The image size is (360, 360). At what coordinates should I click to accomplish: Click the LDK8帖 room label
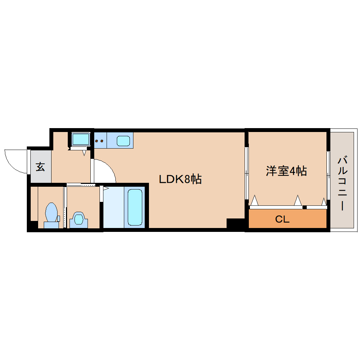pos(180,179)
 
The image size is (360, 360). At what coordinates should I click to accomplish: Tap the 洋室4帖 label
pos(286,171)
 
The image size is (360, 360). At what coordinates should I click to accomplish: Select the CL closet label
pos(282,219)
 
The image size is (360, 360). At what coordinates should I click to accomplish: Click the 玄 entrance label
pos(40,167)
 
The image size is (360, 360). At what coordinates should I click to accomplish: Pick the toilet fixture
pos(52,215)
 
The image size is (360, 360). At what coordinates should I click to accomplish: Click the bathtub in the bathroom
pos(135,207)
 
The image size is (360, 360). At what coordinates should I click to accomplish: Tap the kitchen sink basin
pos(123,141)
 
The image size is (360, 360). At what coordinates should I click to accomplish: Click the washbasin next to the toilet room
pos(79,220)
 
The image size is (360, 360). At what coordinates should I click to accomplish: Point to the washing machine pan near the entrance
pos(80,139)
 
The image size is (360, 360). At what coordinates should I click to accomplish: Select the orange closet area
pos(288,218)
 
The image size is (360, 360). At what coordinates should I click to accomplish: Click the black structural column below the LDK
pos(235,223)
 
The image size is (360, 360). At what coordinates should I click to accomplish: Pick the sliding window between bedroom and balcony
pos(328,175)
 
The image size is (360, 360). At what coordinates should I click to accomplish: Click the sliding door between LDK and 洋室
pos(247,173)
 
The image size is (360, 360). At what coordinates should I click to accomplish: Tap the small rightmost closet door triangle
pos(324,202)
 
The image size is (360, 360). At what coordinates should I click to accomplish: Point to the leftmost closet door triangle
pos(254,200)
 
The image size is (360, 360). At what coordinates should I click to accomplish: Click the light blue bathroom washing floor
pos(114,207)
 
